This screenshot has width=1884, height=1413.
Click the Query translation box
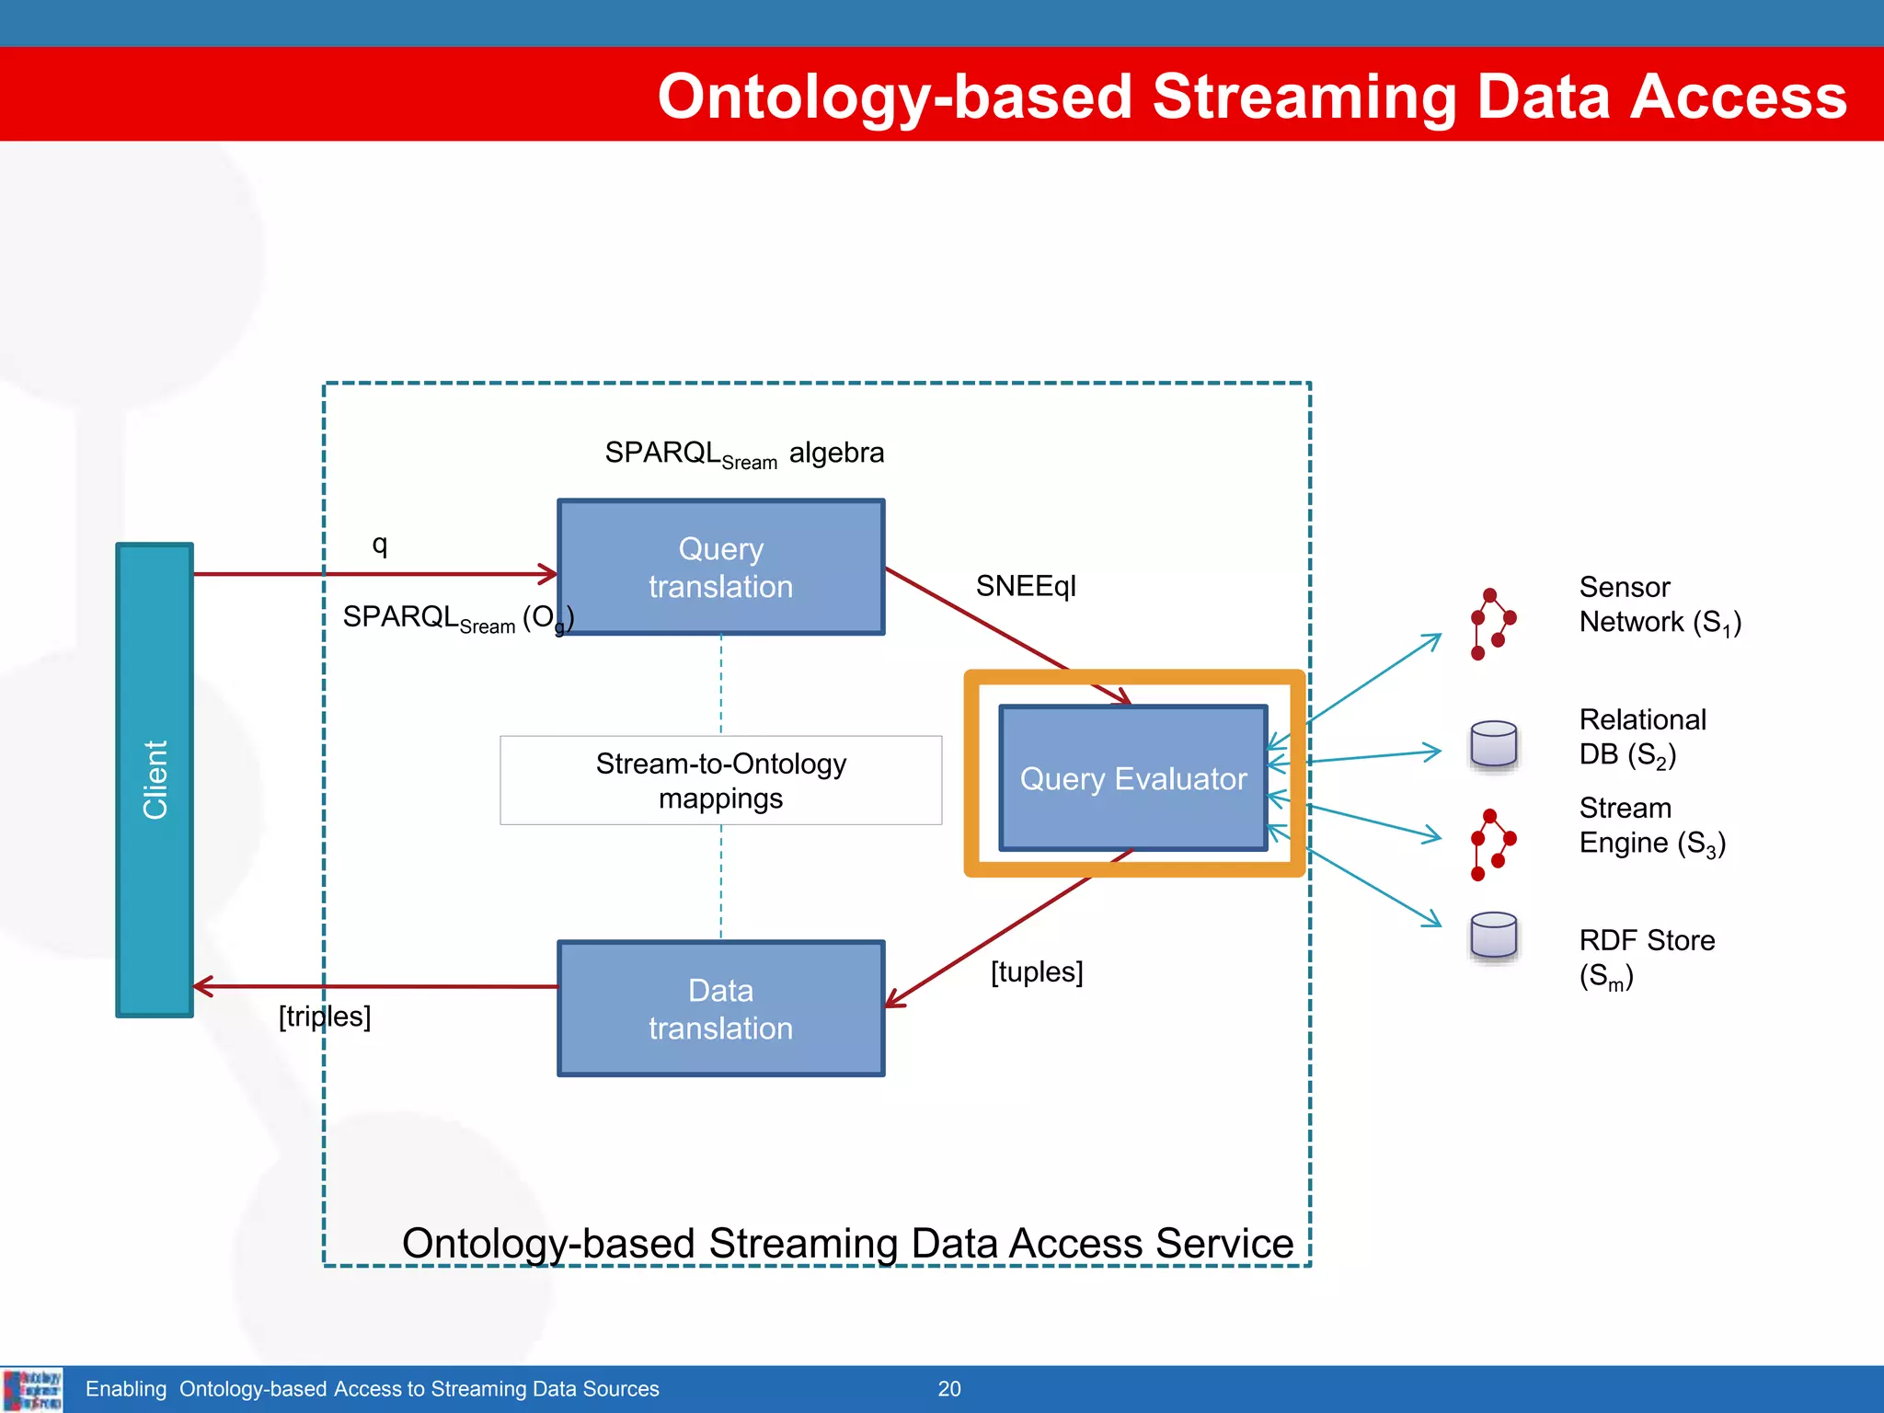[720, 568]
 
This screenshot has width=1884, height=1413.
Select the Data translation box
[720, 1008]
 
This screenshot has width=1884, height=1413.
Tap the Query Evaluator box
[1132, 778]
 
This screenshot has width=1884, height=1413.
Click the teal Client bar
[155, 779]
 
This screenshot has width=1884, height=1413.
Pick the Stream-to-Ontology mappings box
[720, 780]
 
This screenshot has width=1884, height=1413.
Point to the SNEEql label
[1025, 586]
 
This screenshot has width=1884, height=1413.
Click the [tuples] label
[1036, 972]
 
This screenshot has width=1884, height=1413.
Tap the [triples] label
[324, 1017]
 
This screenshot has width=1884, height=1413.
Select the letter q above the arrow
[379, 545]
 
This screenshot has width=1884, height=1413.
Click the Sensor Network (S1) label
[1659, 604]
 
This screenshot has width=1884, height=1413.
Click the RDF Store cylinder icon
[1493, 936]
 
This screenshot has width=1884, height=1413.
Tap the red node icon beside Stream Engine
[1491, 844]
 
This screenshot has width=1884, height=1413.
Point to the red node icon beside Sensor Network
[1491, 624]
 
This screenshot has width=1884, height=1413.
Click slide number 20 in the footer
[949, 1389]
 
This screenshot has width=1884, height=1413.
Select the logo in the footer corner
[32, 1389]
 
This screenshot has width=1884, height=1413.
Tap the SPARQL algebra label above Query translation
[743, 454]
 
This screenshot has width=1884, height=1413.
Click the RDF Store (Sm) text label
[1646, 957]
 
